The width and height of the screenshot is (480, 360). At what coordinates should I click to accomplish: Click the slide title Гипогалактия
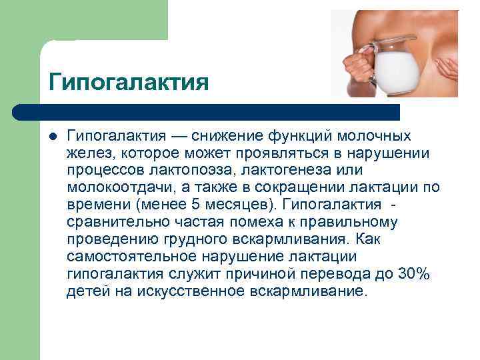point(129,83)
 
